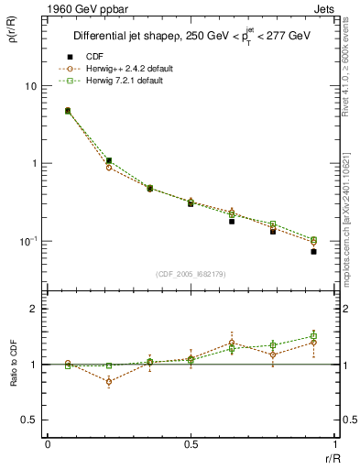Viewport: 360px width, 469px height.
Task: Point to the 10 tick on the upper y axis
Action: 30,86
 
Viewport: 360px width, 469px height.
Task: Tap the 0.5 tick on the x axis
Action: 190,445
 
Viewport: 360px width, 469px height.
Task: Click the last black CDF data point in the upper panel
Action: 313,251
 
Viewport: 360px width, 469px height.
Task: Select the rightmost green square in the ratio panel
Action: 313,336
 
